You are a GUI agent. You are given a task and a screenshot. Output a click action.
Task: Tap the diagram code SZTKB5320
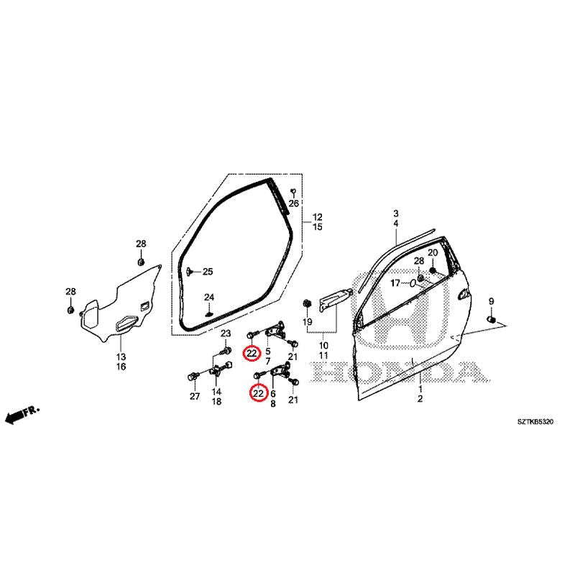click(x=535, y=422)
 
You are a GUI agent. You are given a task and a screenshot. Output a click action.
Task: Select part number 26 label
click(x=294, y=203)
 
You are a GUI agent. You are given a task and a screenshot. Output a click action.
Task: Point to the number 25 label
click(x=208, y=272)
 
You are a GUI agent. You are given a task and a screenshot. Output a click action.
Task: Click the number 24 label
click(x=209, y=297)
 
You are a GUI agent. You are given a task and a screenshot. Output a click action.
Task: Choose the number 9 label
click(x=491, y=301)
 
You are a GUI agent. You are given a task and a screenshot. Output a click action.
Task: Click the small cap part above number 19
click(x=307, y=303)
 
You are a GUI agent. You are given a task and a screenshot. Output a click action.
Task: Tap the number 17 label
click(x=395, y=283)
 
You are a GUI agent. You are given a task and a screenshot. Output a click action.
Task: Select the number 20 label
click(x=433, y=253)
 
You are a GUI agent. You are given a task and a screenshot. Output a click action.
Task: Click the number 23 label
click(x=226, y=333)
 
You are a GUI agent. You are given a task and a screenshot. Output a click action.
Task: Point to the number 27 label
click(x=195, y=396)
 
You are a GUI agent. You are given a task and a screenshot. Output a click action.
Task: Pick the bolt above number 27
click(x=193, y=377)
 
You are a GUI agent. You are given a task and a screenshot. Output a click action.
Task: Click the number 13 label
click(x=121, y=356)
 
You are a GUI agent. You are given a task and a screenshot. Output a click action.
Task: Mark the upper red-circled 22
click(x=252, y=354)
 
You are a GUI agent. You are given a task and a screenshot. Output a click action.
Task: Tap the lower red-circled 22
click(x=259, y=393)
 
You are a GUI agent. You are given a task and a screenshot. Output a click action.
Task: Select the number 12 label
click(x=318, y=217)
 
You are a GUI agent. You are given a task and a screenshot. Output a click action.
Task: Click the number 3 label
click(x=396, y=213)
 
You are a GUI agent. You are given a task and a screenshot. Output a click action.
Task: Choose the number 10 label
click(x=323, y=346)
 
